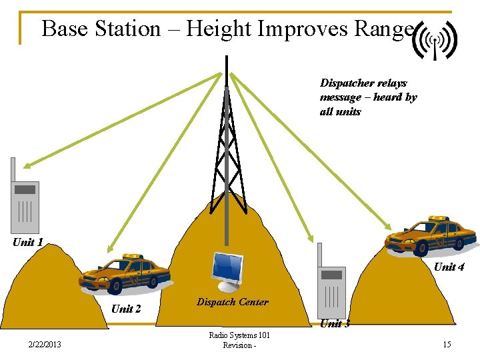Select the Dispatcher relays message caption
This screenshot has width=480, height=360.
click(x=368, y=97)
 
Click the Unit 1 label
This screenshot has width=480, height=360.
click(x=28, y=243)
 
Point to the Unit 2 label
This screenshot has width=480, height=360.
click(x=126, y=309)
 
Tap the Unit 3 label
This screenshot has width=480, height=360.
click(x=335, y=324)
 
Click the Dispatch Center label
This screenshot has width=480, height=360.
click(x=233, y=302)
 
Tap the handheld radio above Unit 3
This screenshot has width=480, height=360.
click(x=331, y=283)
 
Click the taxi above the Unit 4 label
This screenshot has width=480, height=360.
click(x=430, y=235)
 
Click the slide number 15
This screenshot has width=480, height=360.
click(x=447, y=345)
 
